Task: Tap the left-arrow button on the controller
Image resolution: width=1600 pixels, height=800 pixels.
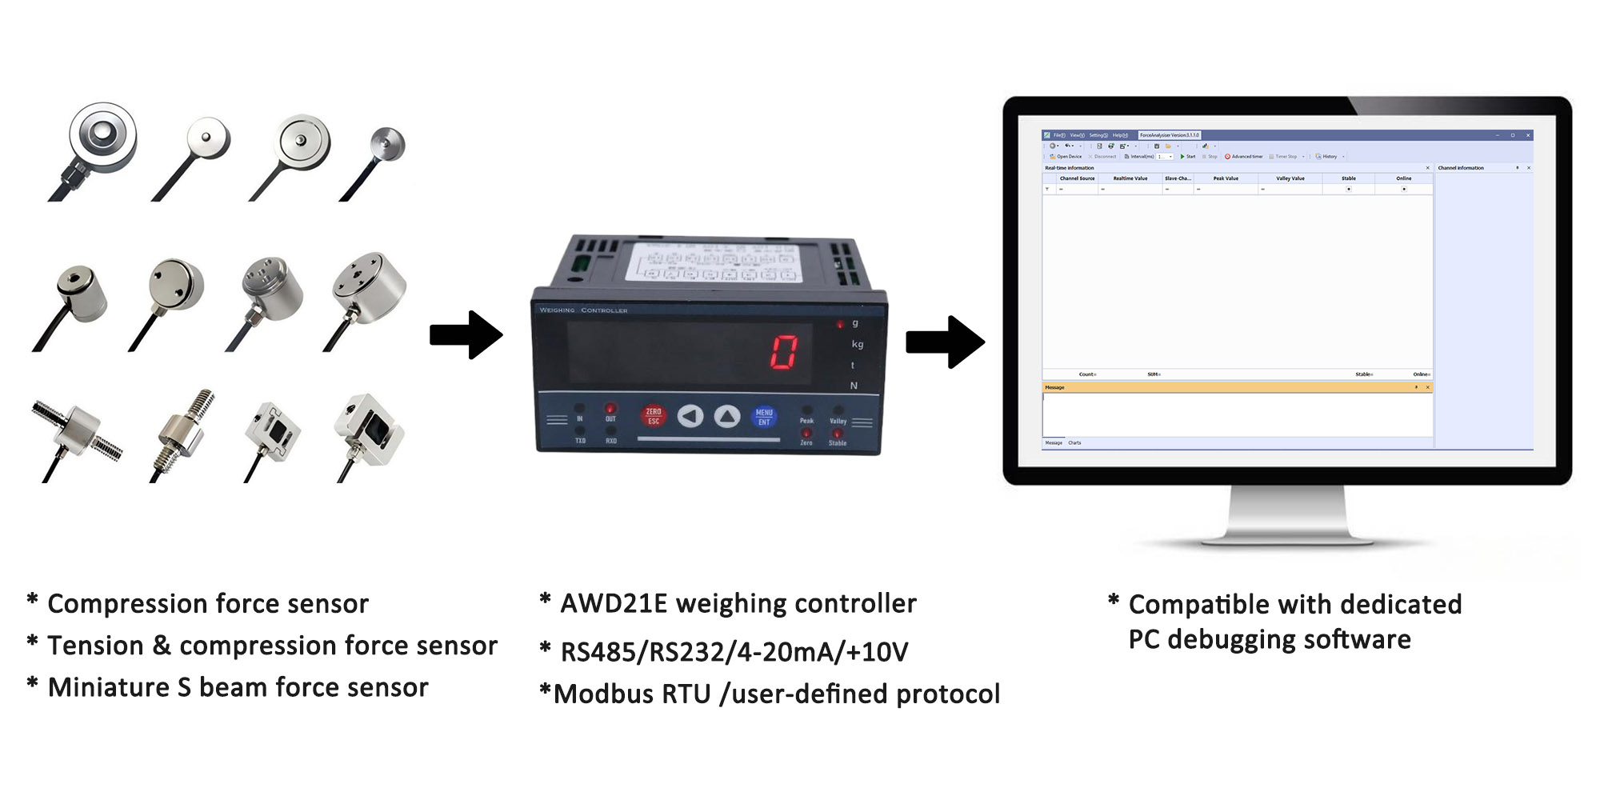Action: coord(690,416)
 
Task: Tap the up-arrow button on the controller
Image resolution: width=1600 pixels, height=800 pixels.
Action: coord(727,416)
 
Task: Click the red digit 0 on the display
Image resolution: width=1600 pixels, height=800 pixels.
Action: coord(784,352)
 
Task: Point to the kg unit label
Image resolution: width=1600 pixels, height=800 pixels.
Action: coord(858,344)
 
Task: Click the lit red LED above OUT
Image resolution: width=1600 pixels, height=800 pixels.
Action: coord(610,408)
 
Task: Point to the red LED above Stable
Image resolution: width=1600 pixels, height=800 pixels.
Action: coord(837,434)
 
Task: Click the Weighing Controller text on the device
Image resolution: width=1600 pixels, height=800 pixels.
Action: coord(583,310)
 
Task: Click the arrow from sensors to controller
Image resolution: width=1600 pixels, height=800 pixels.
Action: coord(466,334)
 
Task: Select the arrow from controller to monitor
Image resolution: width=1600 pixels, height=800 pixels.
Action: coord(945,342)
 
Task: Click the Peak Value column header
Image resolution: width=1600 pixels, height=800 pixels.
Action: coord(1226,178)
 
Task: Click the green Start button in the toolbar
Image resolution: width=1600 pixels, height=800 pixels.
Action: coord(1187,157)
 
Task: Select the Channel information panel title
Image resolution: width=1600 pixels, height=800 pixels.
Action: coord(1461,168)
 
